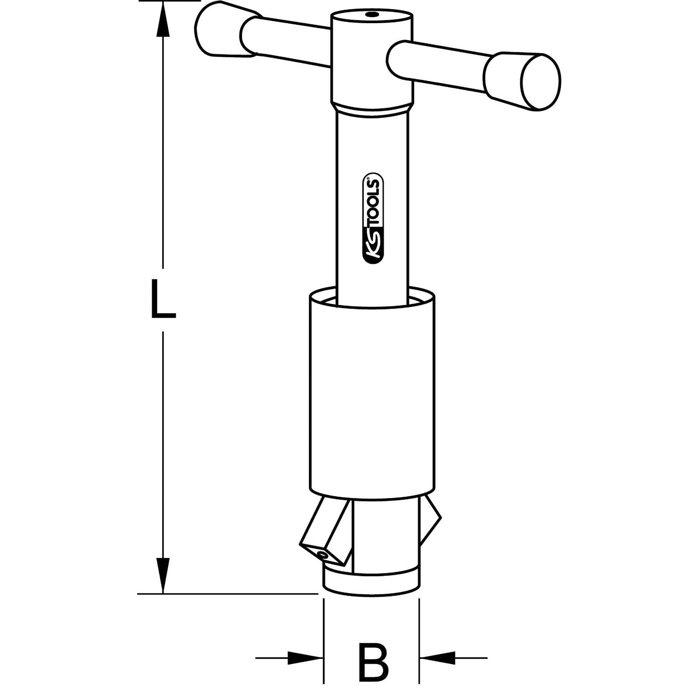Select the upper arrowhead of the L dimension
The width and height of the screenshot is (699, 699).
pyautogui.click(x=163, y=22)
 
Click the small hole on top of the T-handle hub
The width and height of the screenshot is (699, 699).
pyautogui.click(x=371, y=15)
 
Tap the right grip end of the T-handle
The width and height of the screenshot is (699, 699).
pyautogui.click(x=522, y=81)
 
